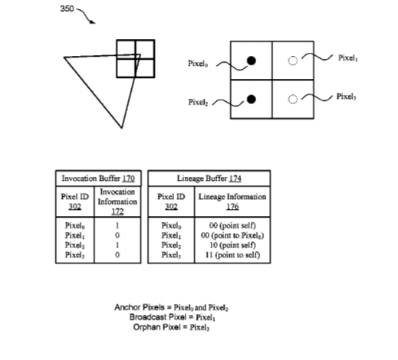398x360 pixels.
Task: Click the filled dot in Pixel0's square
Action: coord(252,61)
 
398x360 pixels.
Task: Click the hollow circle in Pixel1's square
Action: coord(293,61)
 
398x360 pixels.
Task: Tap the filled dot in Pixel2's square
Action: coord(251,100)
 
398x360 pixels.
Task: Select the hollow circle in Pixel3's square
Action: coord(293,100)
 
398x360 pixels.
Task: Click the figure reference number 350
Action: coord(67,9)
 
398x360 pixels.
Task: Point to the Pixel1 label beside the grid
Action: coord(348,58)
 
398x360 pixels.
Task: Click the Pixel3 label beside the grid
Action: coord(347,97)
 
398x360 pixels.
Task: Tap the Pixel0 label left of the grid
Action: coord(198,64)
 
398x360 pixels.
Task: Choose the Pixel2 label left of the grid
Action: coord(198,102)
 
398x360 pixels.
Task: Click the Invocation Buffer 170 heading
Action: coord(98,178)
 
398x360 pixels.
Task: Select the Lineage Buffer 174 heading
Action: coord(209,178)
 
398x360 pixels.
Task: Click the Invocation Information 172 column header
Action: coord(117,201)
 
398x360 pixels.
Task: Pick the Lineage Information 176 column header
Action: coord(232,201)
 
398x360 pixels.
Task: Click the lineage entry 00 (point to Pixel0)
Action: coord(232,235)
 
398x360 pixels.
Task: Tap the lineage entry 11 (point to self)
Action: coord(232,255)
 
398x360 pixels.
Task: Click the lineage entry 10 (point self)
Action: coord(232,245)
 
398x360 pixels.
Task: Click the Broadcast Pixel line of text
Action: coord(173,317)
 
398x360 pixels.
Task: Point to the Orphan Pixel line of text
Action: coord(171,327)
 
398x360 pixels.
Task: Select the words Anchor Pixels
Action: coord(140,307)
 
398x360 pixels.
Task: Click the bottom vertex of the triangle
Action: coord(122,128)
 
